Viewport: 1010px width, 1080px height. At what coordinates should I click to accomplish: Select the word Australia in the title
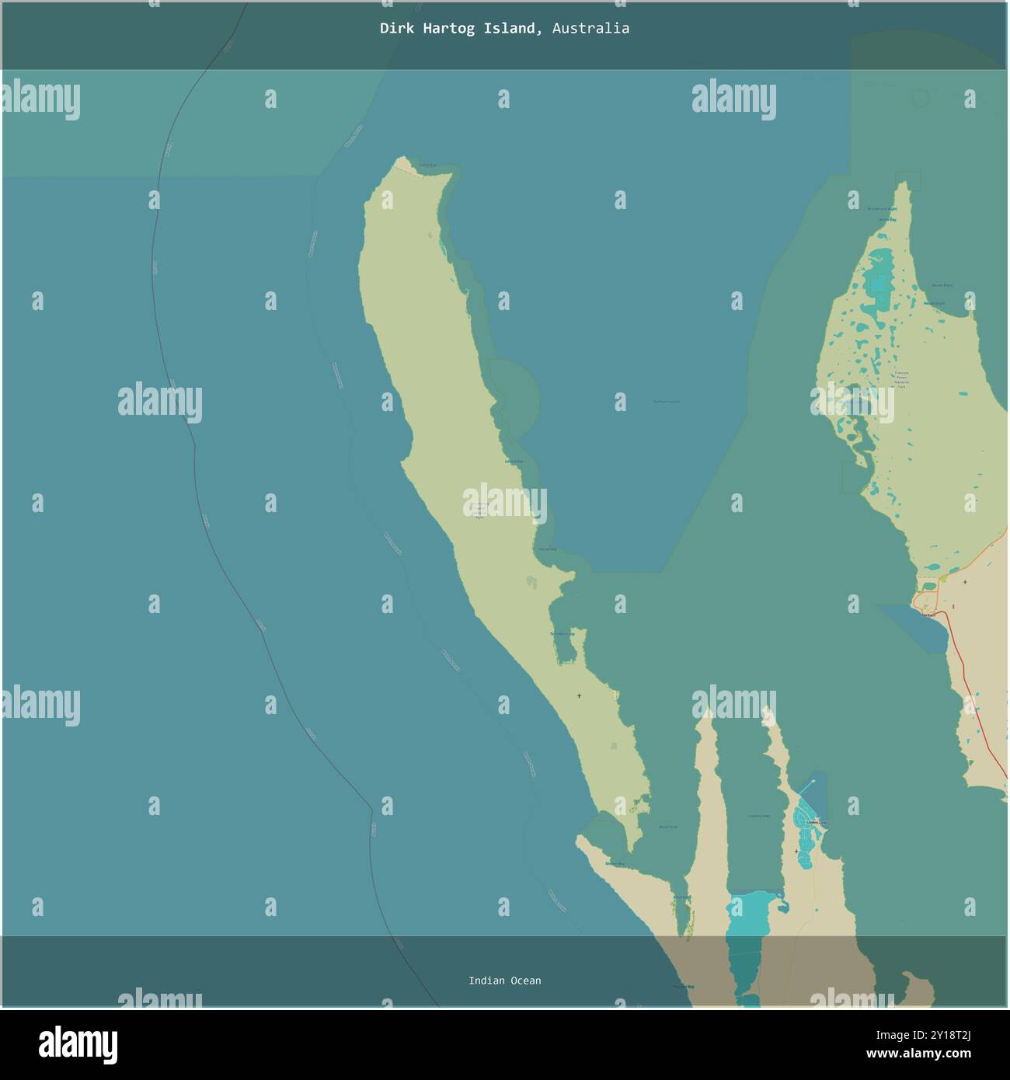point(591,29)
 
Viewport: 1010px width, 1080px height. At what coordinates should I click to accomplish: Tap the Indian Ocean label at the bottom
point(504,981)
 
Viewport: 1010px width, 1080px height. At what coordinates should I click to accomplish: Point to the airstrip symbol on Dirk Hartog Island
point(579,695)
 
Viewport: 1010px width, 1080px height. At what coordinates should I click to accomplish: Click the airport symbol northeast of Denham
point(965,581)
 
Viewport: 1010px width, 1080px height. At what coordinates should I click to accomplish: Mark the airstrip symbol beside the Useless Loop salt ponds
point(796,852)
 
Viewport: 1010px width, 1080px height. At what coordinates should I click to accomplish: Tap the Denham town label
point(928,614)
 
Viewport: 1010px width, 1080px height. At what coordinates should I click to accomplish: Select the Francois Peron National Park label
point(901,379)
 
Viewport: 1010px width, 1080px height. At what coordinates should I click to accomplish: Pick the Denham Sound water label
point(666,401)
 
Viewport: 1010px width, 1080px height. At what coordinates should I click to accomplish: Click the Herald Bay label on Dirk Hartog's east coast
point(547,549)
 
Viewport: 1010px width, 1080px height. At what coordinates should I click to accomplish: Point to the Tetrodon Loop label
point(562,634)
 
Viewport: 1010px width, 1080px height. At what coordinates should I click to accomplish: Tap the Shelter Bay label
point(615,863)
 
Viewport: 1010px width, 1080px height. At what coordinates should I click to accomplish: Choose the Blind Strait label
point(667,827)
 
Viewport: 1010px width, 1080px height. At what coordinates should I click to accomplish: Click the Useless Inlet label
point(758,816)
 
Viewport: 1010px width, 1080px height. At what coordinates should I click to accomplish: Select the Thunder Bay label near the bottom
point(683,987)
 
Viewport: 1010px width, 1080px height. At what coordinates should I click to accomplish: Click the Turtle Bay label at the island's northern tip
point(428,165)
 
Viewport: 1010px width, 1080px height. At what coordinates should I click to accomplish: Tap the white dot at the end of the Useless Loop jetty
point(813,780)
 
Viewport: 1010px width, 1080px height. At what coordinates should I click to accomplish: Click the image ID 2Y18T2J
point(944,1035)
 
